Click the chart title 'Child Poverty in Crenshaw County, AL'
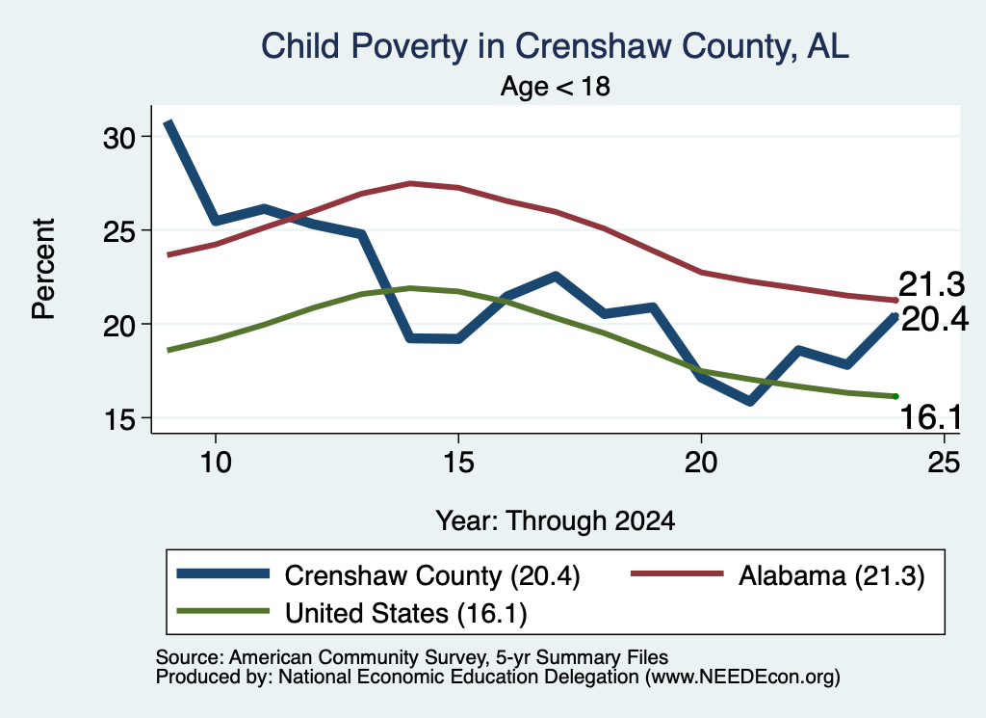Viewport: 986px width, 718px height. tap(555, 47)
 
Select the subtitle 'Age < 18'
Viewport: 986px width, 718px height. tap(556, 86)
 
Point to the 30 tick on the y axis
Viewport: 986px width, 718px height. tap(119, 138)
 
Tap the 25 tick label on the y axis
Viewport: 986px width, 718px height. tap(119, 231)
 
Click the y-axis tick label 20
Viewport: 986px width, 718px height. tap(119, 326)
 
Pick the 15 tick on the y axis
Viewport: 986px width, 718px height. tap(119, 419)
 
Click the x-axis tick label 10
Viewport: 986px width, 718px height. tap(216, 463)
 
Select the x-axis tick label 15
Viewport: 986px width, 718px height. tap(458, 463)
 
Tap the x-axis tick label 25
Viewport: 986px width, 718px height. tap(944, 463)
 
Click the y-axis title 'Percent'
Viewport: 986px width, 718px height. tap(44, 269)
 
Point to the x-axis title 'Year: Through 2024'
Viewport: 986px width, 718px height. tap(556, 521)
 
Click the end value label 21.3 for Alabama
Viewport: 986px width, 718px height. tap(931, 284)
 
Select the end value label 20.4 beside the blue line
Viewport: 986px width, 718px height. tap(935, 320)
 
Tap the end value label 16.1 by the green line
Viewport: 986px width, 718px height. tap(931, 417)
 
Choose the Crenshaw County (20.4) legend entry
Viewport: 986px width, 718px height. tap(378, 575)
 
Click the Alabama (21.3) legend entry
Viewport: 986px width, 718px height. tap(778, 575)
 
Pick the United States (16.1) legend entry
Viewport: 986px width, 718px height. tap(352, 613)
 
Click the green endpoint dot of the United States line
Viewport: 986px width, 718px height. tap(895, 396)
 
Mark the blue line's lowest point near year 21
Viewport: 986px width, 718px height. tap(749, 401)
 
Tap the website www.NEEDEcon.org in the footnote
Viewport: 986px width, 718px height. tap(742, 678)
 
